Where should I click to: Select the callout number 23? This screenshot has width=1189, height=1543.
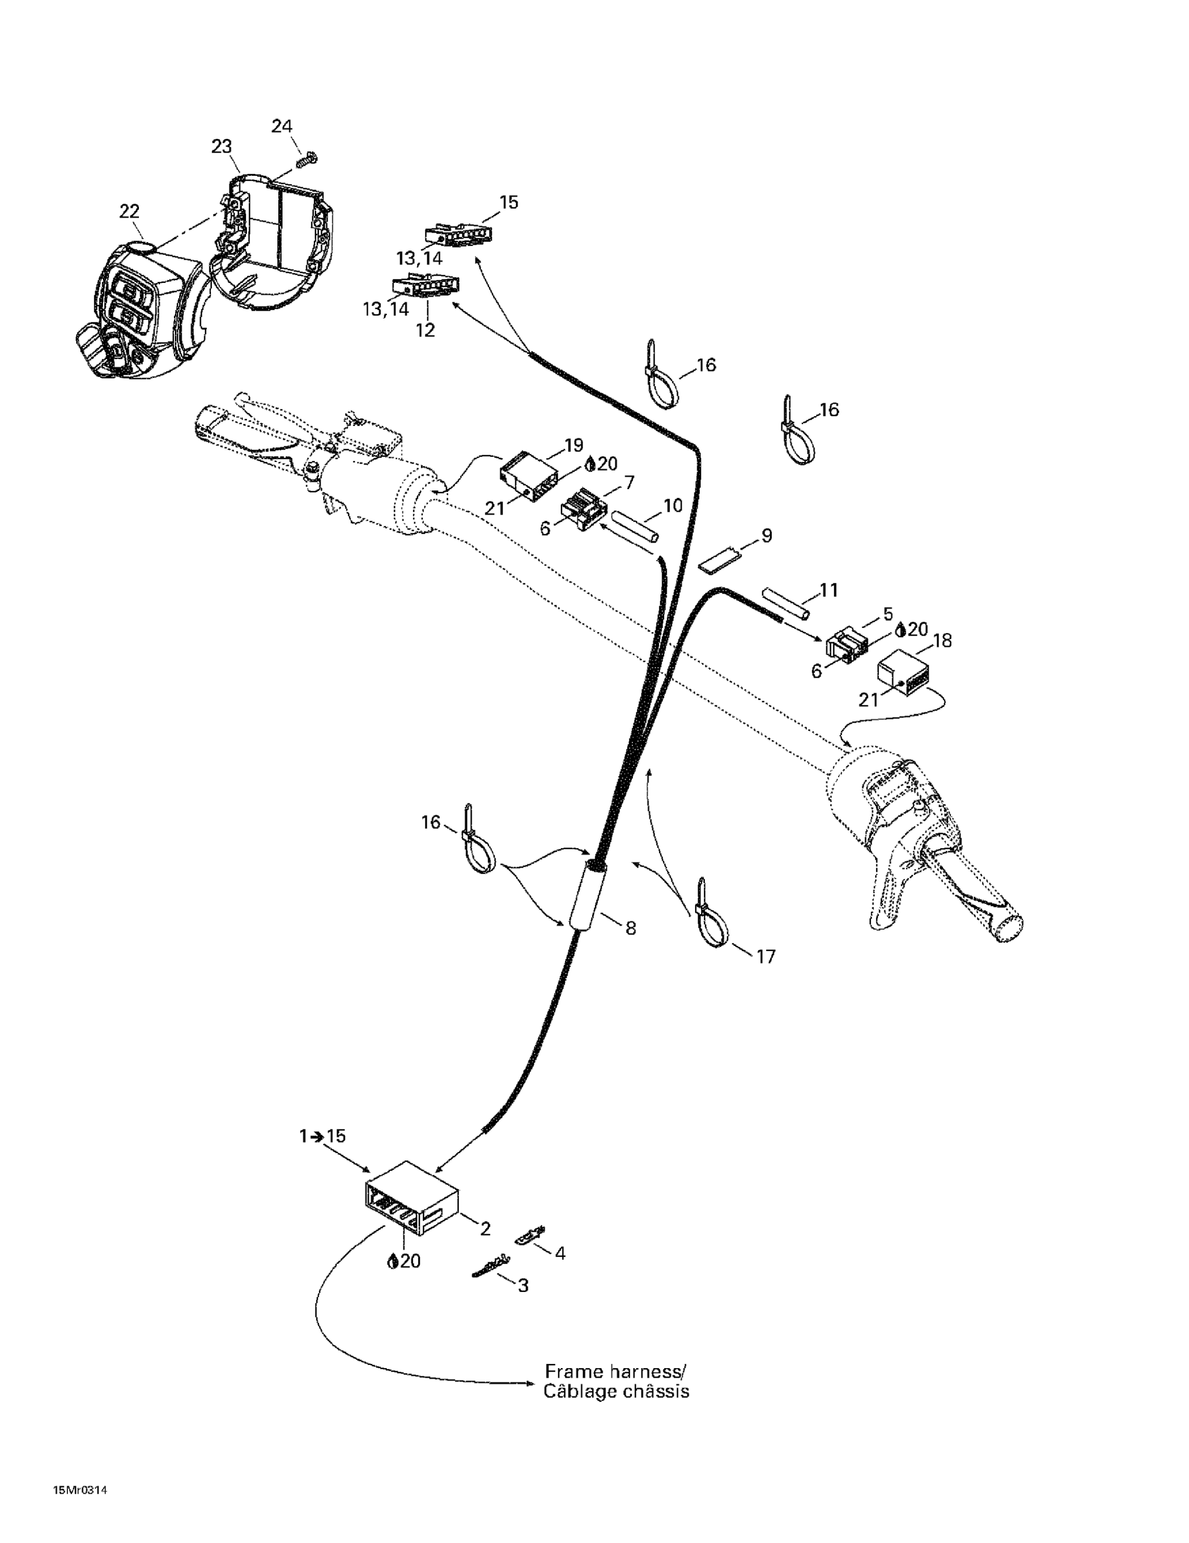(x=221, y=146)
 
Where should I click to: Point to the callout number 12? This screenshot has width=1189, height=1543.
(x=425, y=330)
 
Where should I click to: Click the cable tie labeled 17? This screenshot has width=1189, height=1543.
(x=711, y=917)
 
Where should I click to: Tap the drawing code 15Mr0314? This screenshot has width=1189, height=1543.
(x=80, y=1505)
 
